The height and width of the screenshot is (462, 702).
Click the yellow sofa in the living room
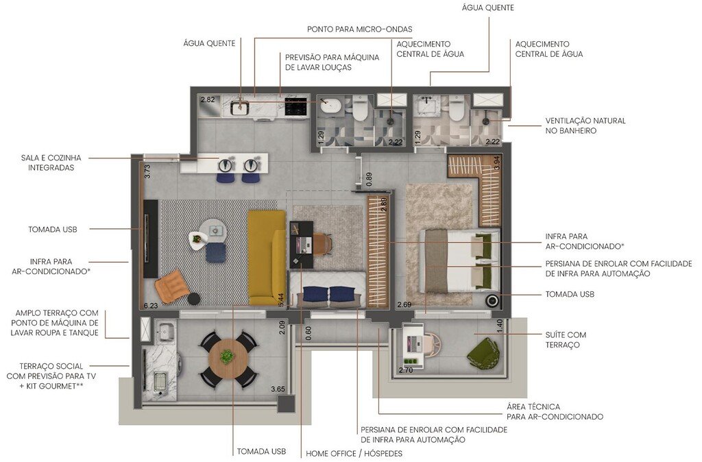click(266, 256)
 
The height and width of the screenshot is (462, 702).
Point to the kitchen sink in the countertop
click(240, 107)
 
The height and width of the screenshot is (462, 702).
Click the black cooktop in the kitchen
click(295, 108)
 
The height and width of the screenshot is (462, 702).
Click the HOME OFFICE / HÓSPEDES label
click(354, 454)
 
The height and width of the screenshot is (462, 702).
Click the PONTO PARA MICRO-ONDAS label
click(359, 29)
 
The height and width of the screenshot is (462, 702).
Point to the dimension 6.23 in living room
click(151, 306)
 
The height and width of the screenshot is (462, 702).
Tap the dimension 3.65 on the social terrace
click(278, 389)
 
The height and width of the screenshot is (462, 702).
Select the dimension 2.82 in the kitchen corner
click(207, 100)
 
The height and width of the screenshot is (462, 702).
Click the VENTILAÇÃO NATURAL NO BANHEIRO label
click(585, 125)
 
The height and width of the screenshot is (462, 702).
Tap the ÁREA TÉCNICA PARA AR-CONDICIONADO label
click(555, 411)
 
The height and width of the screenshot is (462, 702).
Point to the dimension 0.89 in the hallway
click(369, 180)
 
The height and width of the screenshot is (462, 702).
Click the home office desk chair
click(322, 243)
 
